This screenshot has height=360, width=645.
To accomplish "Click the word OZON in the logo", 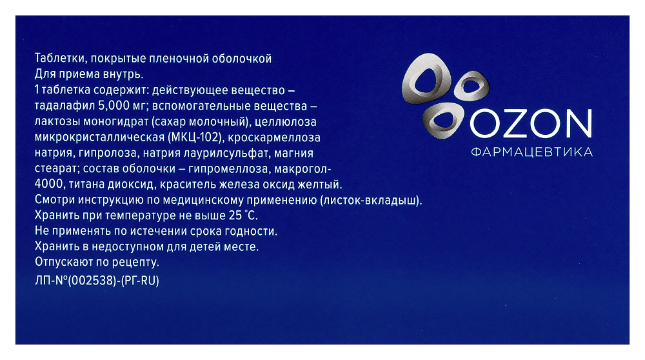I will point(530,124).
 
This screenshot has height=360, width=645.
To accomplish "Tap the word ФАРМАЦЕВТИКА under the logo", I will point(532,153).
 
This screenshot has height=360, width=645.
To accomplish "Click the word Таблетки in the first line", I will point(55,58).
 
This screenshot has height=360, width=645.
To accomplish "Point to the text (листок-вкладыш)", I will point(370,200).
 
